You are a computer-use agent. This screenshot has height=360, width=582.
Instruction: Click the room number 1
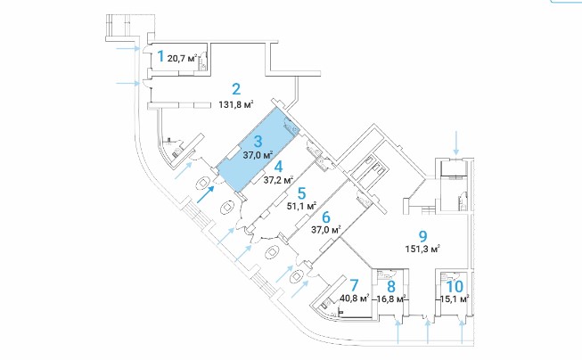tap(160, 56)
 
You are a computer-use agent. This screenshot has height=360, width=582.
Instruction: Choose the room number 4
tap(279, 165)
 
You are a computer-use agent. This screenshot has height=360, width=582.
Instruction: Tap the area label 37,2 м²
tap(279, 178)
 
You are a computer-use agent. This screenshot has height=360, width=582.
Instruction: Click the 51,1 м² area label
tap(303, 205)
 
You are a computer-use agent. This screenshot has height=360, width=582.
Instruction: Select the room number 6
tap(326, 217)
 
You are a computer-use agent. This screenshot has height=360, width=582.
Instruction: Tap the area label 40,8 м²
tap(354, 299)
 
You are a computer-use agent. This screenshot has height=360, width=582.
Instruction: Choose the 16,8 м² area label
tap(391, 299)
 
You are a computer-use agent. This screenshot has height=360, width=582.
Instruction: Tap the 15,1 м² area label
tap(454, 299)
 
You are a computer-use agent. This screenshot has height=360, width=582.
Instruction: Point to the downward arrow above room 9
tap(455, 141)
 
